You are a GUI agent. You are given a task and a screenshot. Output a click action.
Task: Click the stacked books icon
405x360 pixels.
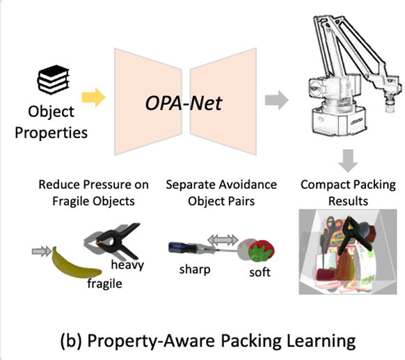tap(54, 79)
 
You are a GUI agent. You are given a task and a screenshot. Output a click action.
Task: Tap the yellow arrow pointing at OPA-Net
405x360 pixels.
tap(93, 97)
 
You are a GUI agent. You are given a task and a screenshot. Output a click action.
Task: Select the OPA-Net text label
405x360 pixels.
tap(184, 103)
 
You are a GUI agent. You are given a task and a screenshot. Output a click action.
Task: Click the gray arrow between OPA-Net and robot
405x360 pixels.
tap(277, 100)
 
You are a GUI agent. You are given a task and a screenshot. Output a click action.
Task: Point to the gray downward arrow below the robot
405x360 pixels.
tap(348, 161)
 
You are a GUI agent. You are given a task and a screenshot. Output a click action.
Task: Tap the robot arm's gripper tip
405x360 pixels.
tap(390, 107)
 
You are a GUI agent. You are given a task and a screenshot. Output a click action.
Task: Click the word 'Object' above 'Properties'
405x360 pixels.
tap(51, 112)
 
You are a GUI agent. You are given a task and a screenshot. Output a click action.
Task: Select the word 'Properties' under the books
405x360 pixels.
tap(51, 133)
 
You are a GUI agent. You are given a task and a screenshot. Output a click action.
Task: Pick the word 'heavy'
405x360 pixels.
tap(127, 265)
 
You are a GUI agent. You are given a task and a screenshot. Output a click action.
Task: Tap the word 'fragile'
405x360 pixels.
tap(104, 284)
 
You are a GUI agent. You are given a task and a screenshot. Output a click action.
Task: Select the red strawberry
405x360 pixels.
tap(262, 251)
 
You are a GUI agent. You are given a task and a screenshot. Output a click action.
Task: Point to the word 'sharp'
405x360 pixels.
tap(195, 269)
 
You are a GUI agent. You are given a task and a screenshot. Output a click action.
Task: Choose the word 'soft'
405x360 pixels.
tap(260, 272)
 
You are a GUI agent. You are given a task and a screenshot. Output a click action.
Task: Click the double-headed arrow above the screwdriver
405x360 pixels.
tap(223, 240)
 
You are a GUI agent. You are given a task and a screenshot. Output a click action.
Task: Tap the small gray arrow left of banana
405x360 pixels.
tap(42, 251)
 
